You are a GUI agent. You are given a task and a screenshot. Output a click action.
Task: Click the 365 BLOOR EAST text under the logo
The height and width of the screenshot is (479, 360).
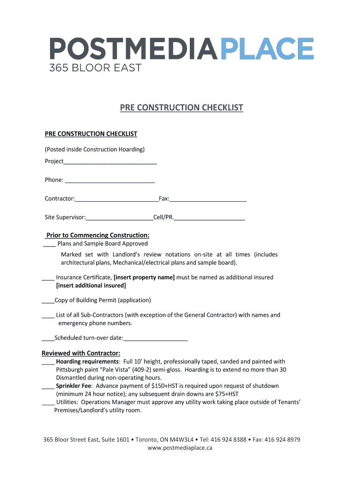click(x=95, y=68)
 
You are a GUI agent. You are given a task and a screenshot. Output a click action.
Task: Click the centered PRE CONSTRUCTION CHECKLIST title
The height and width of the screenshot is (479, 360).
click(x=181, y=108)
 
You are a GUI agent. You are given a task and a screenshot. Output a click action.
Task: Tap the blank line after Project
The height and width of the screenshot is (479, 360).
click(x=110, y=162)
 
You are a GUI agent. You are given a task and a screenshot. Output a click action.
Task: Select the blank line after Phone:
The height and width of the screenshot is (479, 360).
click(x=110, y=181)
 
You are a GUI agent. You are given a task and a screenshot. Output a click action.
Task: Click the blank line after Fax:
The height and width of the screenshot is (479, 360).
click(x=208, y=199)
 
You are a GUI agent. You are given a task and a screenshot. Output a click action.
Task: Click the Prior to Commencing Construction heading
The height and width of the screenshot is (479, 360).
click(x=98, y=235)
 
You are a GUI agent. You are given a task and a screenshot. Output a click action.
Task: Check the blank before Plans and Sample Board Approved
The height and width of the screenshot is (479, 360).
click(x=50, y=244)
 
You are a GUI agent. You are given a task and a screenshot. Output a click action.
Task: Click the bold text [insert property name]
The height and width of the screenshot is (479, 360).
click(x=144, y=277)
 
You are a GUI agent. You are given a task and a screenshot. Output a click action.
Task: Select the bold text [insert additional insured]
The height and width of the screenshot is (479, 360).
click(x=91, y=285)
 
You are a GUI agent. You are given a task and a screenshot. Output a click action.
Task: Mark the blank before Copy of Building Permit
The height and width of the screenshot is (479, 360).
click(x=48, y=301)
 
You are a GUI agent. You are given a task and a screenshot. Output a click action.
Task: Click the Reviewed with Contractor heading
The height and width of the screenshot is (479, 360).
click(x=81, y=353)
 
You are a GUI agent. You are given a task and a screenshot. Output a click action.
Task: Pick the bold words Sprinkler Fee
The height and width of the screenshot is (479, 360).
click(x=73, y=386)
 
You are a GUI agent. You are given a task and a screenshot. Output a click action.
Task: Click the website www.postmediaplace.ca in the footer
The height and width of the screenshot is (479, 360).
click(x=180, y=448)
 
